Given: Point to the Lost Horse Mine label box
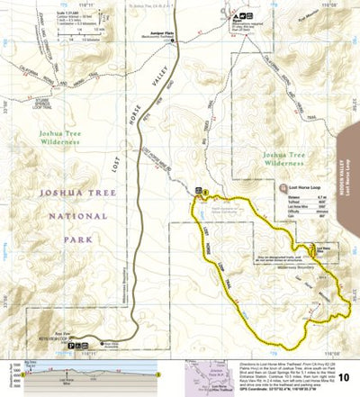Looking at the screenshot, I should tap(328, 243).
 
